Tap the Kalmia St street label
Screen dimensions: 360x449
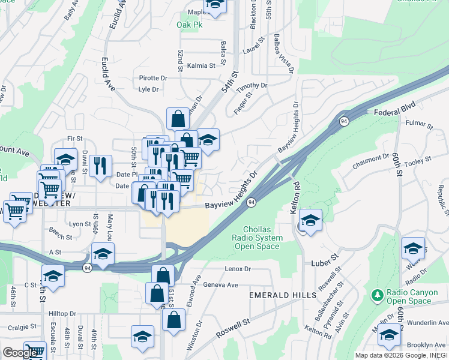click(x=201, y=65)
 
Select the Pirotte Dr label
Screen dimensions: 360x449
click(x=153, y=78)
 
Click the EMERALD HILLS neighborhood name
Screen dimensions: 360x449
click(x=283, y=295)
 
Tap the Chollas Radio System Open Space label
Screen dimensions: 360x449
click(x=262, y=238)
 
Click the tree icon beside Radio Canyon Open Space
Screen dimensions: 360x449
click(x=377, y=295)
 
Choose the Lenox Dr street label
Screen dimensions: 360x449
click(x=237, y=269)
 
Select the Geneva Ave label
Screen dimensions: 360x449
click(x=221, y=284)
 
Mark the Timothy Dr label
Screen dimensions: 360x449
click(x=251, y=88)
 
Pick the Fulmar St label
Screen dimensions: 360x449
click(x=419, y=126)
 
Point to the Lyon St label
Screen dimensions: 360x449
click(x=80, y=224)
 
